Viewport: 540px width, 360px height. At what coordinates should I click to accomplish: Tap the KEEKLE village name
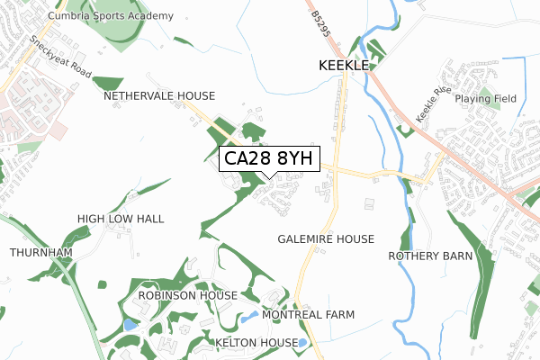343,66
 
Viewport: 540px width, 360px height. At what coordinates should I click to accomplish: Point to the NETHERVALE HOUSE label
159,95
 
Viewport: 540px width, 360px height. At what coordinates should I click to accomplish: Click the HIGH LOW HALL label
121,219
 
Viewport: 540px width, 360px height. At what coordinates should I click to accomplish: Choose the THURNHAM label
40,253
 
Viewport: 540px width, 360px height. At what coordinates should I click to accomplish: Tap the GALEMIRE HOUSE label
326,238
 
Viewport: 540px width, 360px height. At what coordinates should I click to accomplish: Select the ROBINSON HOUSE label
188,295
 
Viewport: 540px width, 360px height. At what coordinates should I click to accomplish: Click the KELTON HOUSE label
256,343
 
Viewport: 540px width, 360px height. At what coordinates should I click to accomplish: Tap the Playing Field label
483,98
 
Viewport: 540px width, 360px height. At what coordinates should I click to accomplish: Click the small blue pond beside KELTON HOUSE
303,343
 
